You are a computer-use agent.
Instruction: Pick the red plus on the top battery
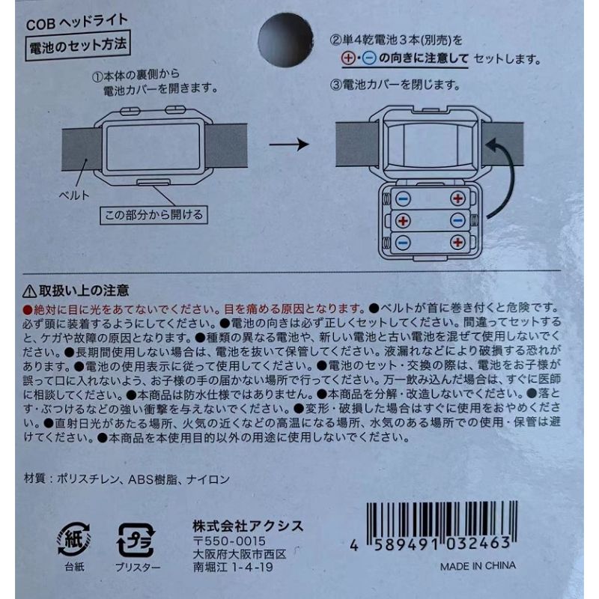pos(457,199)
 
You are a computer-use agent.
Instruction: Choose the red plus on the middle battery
pos(403,221)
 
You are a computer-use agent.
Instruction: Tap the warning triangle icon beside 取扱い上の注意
pos(29,289)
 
